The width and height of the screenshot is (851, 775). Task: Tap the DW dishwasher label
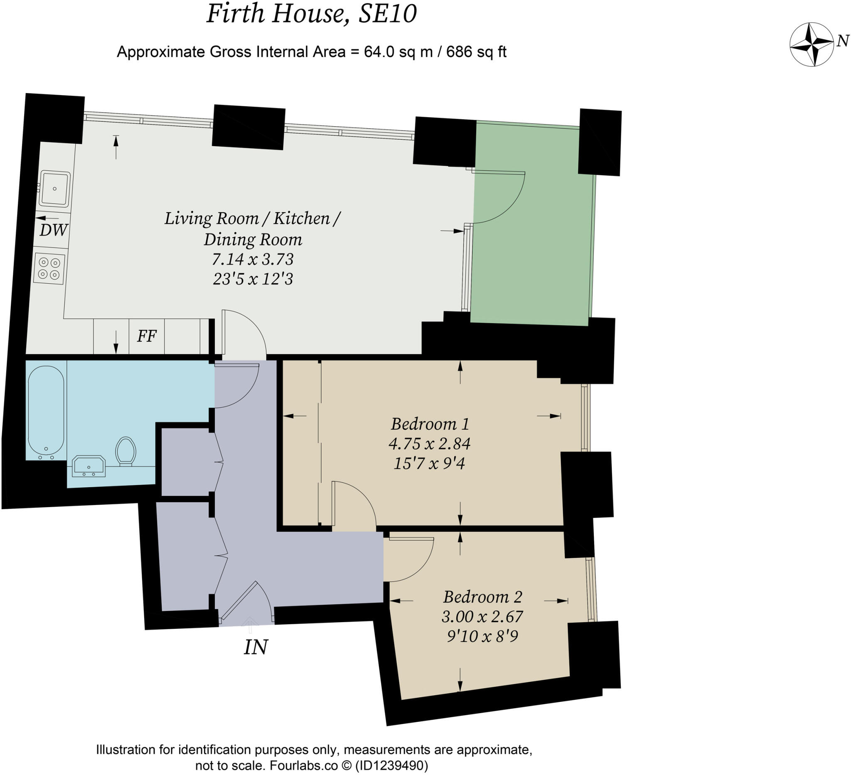click(54, 231)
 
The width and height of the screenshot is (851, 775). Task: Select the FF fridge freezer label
click(147, 336)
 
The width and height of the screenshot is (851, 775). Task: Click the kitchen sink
click(55, 189)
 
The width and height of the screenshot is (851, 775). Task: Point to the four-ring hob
click(49, 269)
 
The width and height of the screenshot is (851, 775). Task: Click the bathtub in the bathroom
click(46, 412)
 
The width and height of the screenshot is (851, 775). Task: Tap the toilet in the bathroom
click(125, 451)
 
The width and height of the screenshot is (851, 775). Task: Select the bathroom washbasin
click(88, 466)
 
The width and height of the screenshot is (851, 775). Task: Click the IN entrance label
click(256, 647)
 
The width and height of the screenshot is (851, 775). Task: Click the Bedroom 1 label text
click(430, 424)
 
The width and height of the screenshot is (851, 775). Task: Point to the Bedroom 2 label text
click(482, 597)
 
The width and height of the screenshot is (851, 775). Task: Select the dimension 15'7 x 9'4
click(429, 464)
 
